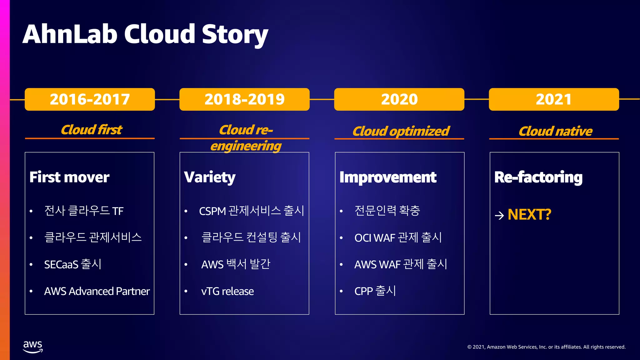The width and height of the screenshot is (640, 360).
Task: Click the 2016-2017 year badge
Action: pos(90,99)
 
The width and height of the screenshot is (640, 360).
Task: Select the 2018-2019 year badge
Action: pos(244,99)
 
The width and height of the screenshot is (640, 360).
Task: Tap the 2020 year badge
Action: pos(399,99)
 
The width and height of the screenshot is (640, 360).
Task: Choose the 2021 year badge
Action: pos(554,99)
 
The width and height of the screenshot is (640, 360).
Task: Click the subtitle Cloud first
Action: pos(91,130)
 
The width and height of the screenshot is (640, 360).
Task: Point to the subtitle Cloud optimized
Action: pos(401,131)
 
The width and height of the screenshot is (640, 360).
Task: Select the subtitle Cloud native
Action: pos(555,131)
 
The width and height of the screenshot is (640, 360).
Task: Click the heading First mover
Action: pos(69,177)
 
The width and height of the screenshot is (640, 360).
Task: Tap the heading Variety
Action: pos(210,177)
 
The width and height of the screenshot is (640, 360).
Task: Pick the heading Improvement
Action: pos(388,177)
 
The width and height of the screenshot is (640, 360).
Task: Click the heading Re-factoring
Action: pos(538,177)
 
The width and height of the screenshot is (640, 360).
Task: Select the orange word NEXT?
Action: pos(529,215)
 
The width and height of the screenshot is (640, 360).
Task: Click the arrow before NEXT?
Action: pos(499,215)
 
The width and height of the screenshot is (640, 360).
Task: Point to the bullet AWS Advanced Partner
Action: pos(97,291)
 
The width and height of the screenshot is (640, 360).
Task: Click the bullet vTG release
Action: pos(227,291)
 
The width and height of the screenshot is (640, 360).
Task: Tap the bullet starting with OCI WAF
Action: pos(398,237)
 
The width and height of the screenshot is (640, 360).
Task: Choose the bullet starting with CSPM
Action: pos(252,211)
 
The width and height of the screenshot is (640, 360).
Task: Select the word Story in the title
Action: pos(235,34)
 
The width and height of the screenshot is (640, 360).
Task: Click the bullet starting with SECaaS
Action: pos(72,264)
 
